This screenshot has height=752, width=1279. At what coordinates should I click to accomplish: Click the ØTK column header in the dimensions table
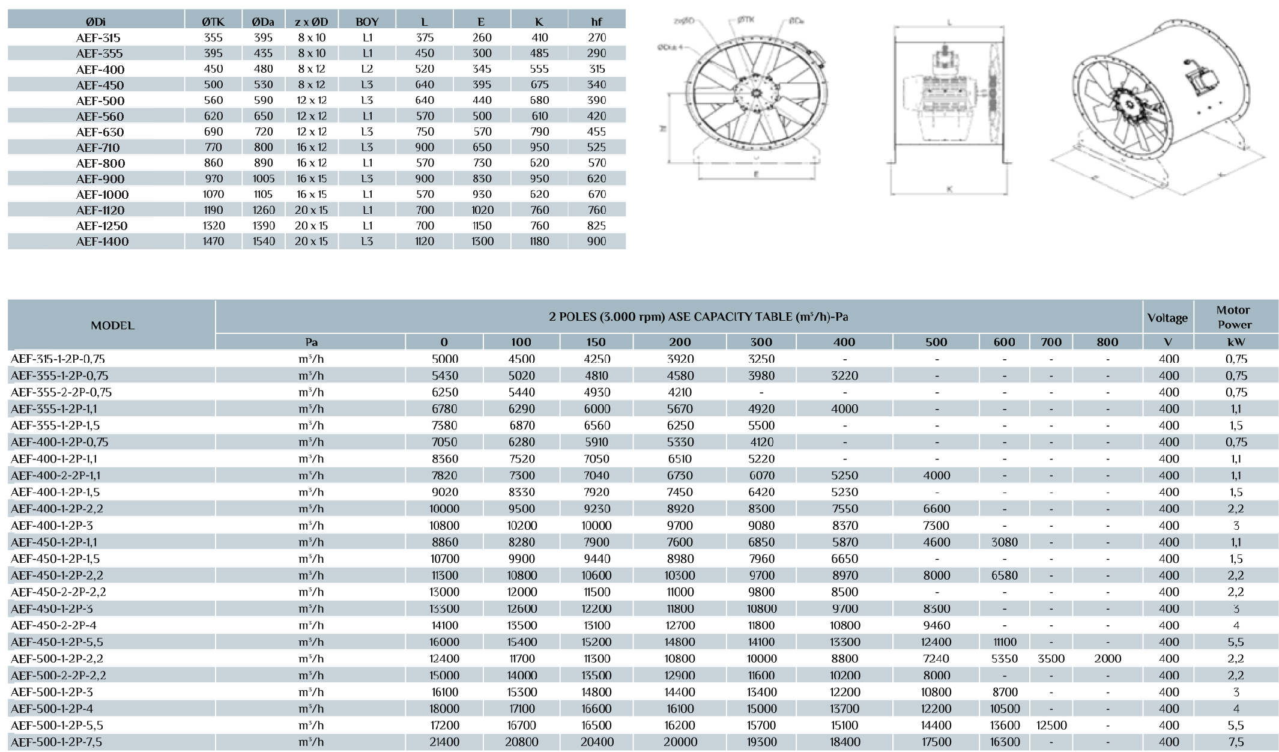tap(213, 22)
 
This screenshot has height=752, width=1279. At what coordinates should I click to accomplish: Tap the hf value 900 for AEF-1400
tap(596, 241)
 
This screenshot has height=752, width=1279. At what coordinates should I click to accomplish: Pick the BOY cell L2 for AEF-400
tap(367, 69)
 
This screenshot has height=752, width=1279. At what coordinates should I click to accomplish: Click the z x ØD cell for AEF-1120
tap(312, 210)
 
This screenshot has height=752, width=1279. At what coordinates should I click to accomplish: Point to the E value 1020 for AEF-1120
tap(482, 210)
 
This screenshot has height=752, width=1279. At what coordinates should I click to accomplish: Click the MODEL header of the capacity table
tap(112, 326)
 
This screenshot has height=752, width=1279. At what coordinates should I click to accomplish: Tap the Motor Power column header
tap(1234, 317)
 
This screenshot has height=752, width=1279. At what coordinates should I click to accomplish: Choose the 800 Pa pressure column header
tap(1107, 342)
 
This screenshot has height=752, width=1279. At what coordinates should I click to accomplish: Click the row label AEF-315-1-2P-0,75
tap(58, 359)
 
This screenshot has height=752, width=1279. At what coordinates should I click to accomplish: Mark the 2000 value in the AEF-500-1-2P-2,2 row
tap(1107, 659)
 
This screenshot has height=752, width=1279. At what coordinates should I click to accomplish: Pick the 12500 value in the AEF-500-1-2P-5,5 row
tap(1051, 726)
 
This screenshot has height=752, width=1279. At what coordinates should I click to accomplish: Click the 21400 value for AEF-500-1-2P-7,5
tap(444, 742)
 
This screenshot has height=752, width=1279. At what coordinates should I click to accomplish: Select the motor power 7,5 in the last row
tap(1236, 742)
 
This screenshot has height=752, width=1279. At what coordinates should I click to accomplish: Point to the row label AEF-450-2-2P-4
tap(53, 625)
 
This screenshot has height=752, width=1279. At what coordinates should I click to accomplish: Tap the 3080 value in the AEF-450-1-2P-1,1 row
tap(1004, 542)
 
